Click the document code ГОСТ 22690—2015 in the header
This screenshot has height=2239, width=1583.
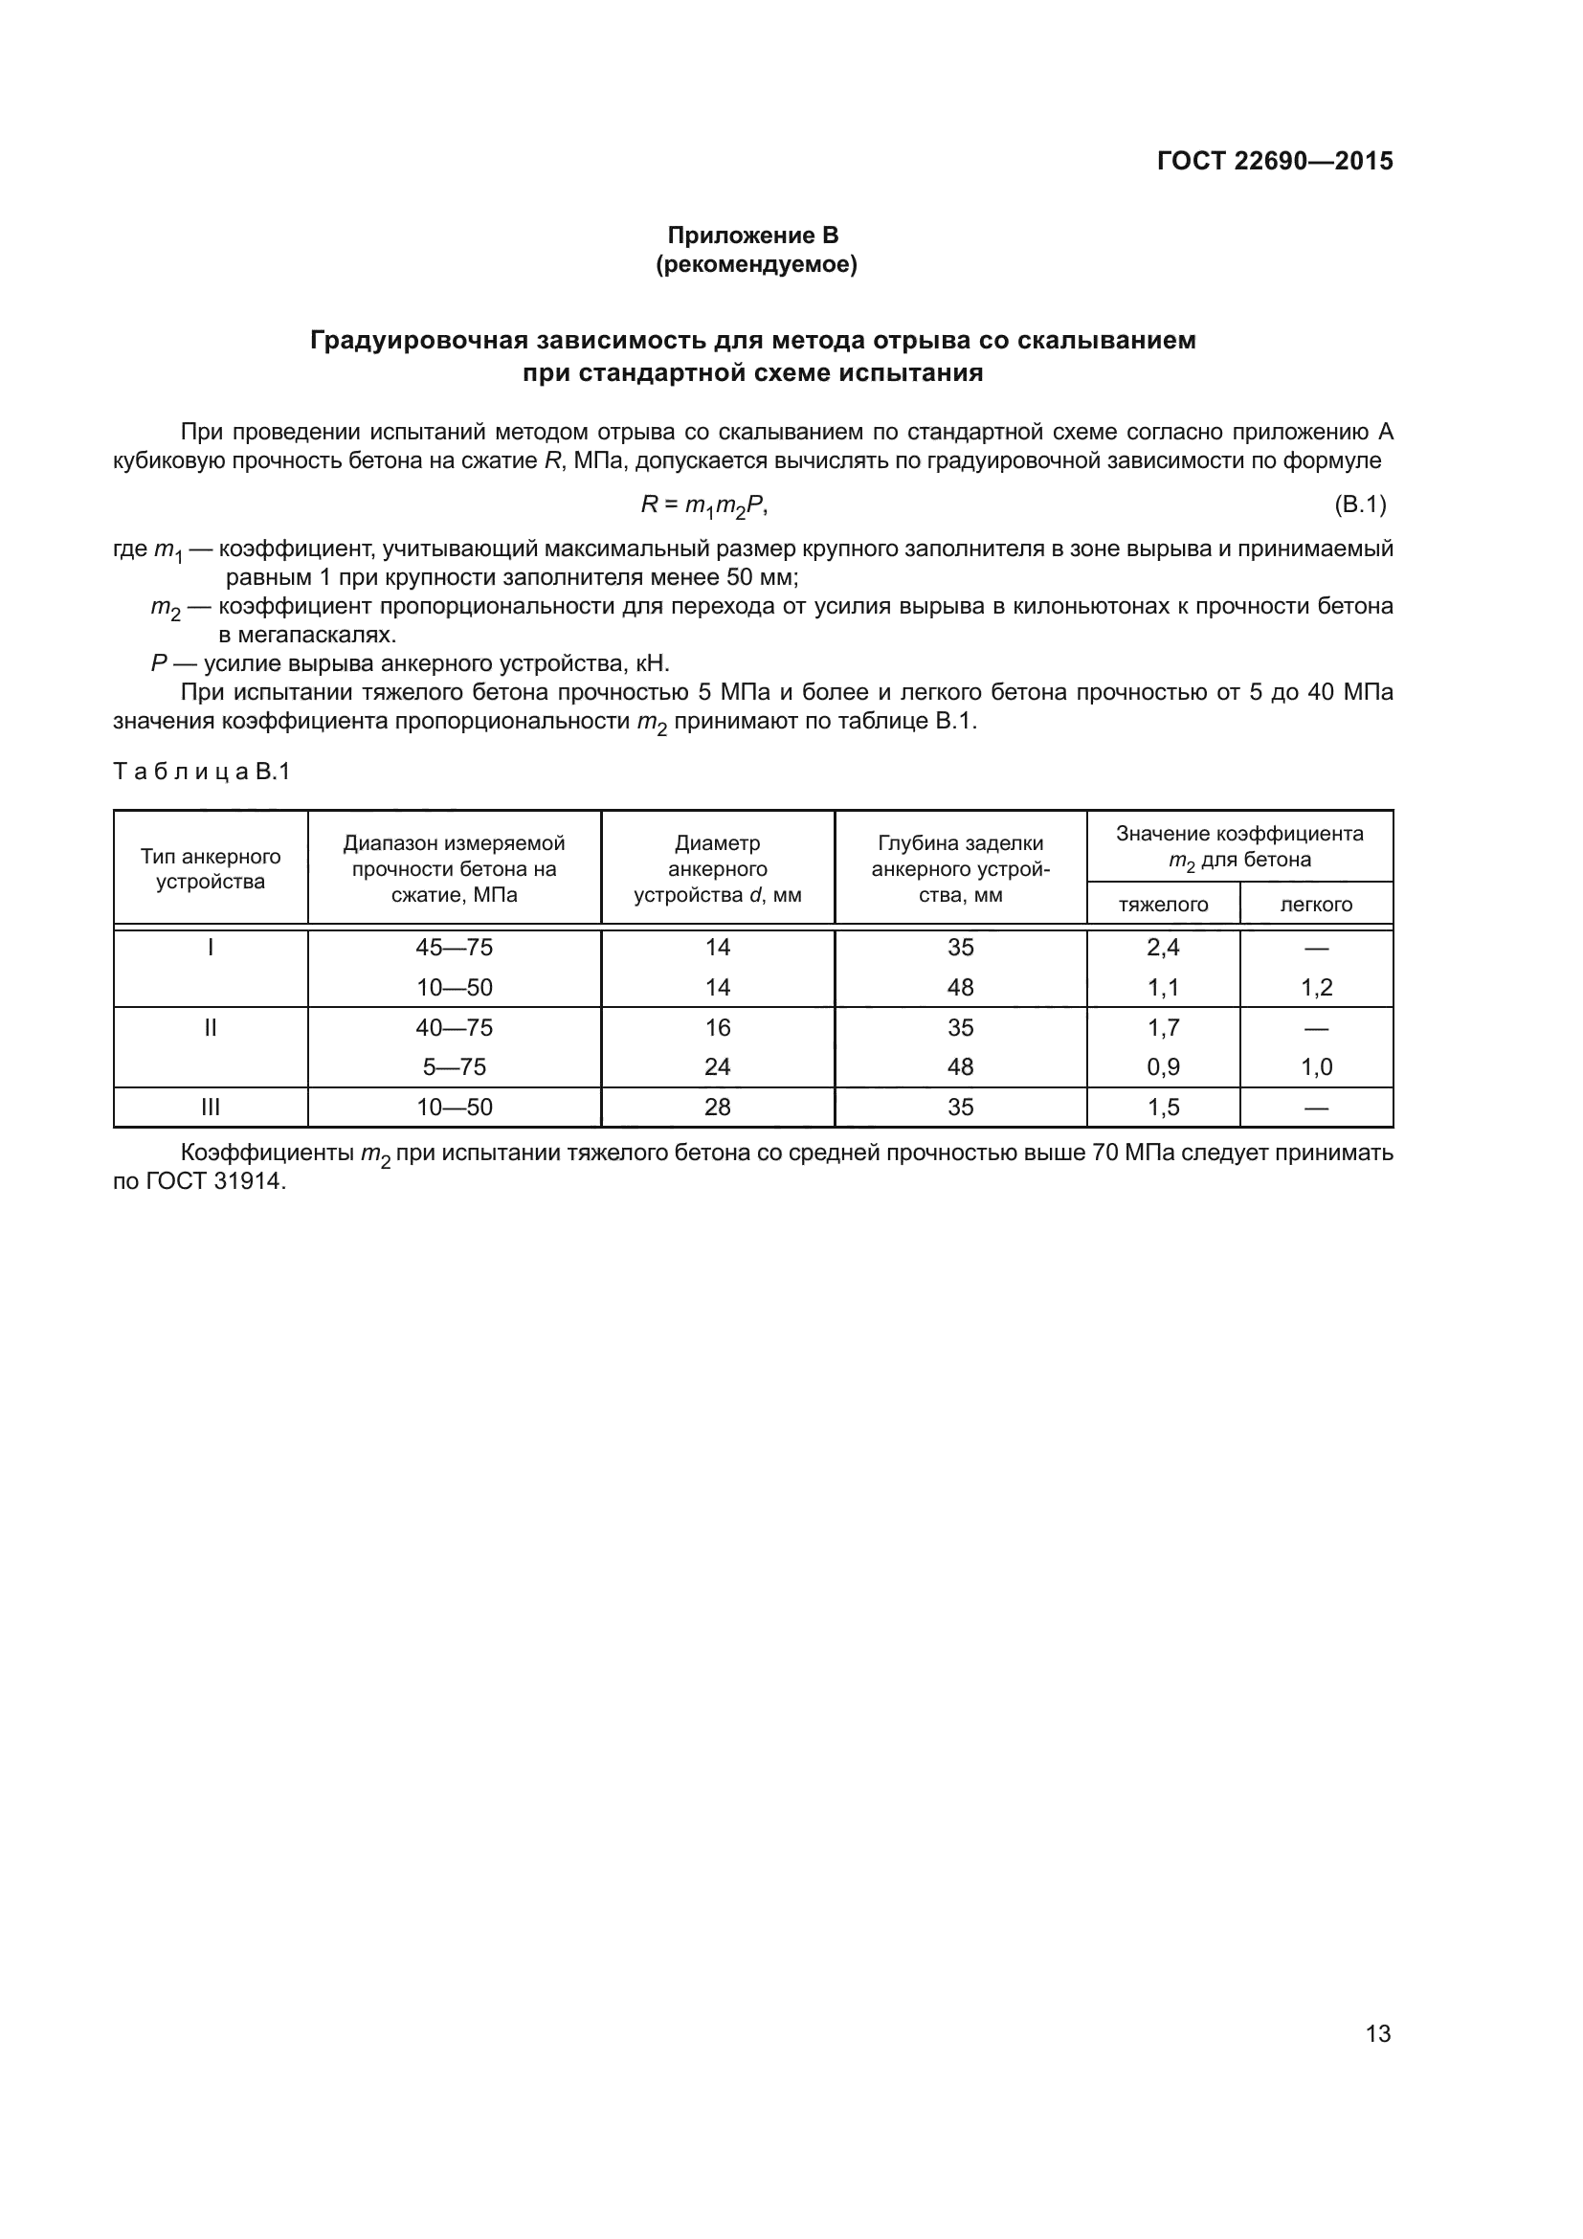1274,161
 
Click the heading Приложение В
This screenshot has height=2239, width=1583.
752,235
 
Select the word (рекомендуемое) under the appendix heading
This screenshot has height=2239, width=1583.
756,264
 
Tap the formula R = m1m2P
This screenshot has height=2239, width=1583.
703,505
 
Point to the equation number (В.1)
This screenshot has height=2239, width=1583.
1359,504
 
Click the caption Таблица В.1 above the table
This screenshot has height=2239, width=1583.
202,772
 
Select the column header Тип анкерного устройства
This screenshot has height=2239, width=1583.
211,868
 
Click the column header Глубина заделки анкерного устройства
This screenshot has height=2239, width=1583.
960,868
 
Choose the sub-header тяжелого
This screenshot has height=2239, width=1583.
1163,904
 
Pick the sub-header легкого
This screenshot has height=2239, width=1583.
1316,904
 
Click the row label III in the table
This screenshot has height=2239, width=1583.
211,1107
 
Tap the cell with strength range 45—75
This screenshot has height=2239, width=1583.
455,947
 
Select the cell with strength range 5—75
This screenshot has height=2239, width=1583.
455,1066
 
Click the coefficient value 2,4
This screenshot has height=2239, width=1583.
1163,947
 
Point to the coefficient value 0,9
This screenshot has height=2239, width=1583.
1163,1066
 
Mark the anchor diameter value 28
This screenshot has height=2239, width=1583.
718,1107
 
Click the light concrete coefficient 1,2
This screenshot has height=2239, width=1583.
1316,987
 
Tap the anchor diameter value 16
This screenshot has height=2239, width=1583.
718,1027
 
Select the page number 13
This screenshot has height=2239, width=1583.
1377,2033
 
